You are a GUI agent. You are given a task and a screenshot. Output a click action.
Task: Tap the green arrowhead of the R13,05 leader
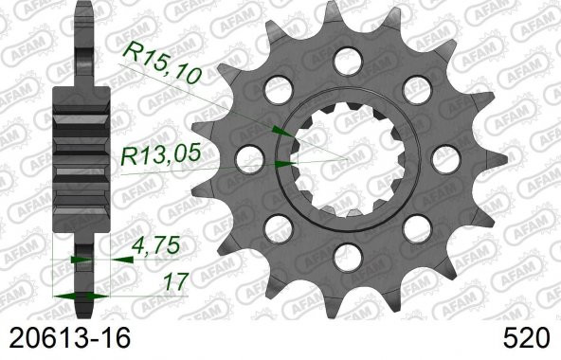(x=281, y=164)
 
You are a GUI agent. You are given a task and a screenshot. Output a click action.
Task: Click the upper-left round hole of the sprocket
(x=278, y=91)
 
